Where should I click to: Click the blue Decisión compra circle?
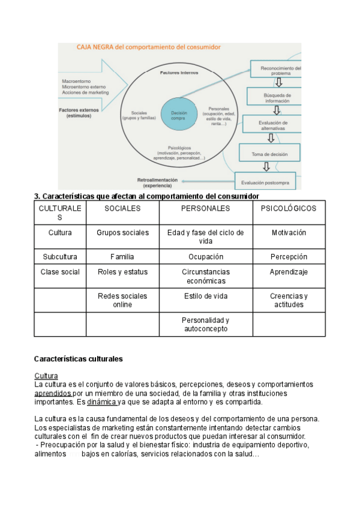coord(179,114)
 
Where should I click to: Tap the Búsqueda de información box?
coord(277,98)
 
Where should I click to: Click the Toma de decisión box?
coord(269,154)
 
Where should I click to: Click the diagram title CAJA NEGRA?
coord(148,46)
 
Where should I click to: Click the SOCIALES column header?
coord(122,208)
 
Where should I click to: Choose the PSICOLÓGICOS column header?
coord(289,208)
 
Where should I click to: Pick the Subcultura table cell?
coord(60,257)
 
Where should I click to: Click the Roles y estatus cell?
coord(122,272)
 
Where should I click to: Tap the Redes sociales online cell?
coord(122,300)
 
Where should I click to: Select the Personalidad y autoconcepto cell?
coord(206,324)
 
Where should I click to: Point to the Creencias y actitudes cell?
coord(289,300)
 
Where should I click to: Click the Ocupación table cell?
coord(206,257)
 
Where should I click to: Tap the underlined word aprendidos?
coord(53,393)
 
